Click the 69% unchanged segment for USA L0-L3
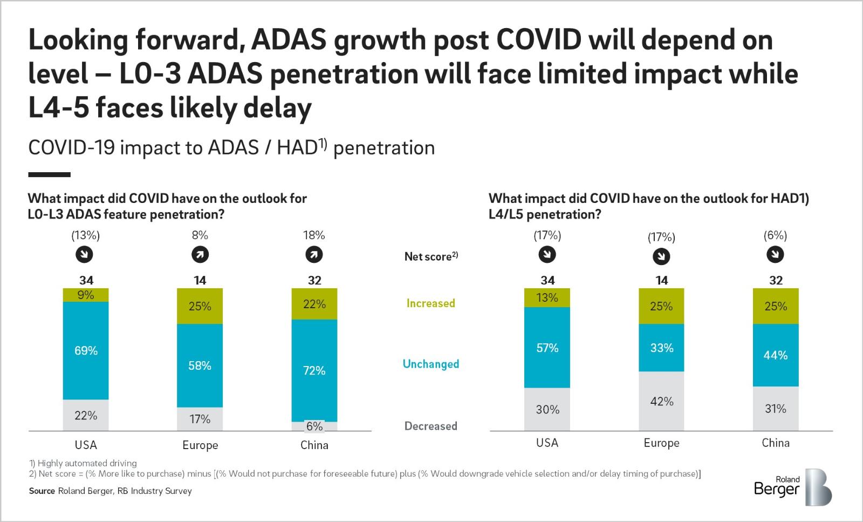click(x=86, y=351)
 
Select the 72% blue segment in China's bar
click(x=314, y=370)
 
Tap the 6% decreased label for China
click(x=314, y=426)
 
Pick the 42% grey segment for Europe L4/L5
click(x=661, y=401)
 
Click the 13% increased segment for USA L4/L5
click(x=547, y=297)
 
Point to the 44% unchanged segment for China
click(x=776, y=355)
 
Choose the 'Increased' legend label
click(x=430, y=303)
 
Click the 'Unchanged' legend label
click(x=430, y=364)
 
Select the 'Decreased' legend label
click(x=430, y=426)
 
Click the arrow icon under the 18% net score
click(x=314, y=255)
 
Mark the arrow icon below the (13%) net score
click(x=84, y=255)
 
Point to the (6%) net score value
click(x=775, y=235)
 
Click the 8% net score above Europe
click(x=200, y=235)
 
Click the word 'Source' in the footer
click(x=42, y=491)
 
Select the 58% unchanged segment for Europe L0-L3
click(x=200, y=365)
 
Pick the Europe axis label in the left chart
click(x=200, y=445)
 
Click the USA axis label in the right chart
click(x=547, y=443)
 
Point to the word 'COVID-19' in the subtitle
click(x=71, y=147)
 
